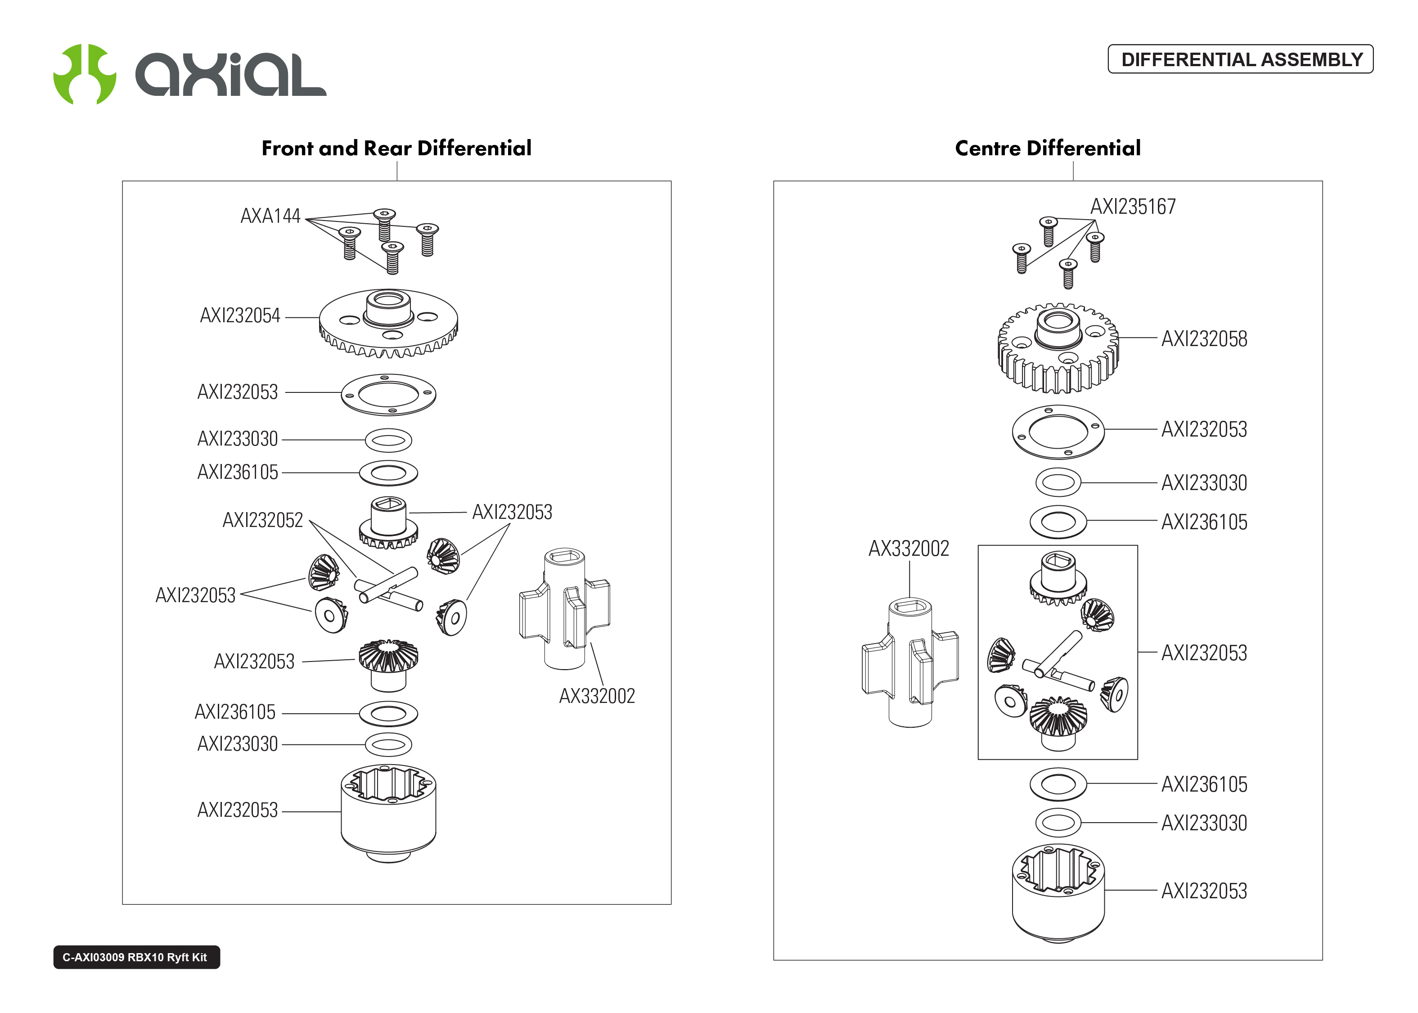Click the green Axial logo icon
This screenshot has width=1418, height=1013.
(x=84, y=74)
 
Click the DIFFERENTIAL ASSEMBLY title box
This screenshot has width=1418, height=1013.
(x=1240, y=59)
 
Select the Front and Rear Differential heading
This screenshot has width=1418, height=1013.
(x=396, y=149)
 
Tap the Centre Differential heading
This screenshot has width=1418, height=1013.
(x=1048, y=149)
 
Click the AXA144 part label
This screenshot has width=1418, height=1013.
(x=270, y=216)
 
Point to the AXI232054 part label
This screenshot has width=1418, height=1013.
(x=240, y=315)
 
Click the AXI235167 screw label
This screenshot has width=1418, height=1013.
(x=1133, y=207)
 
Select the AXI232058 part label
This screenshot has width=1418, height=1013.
(x=1204, y=339)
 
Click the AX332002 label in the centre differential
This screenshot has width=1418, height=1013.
(x=909, y=548)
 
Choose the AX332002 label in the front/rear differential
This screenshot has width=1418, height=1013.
(x=597, y=695)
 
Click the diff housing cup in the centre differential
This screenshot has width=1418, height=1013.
(x=1058, y=892)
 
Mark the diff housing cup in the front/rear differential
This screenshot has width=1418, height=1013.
(x=388, y=811)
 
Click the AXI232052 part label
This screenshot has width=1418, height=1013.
(x=262, y=520)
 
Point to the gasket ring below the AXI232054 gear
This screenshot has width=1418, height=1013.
(x=388, y=395)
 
